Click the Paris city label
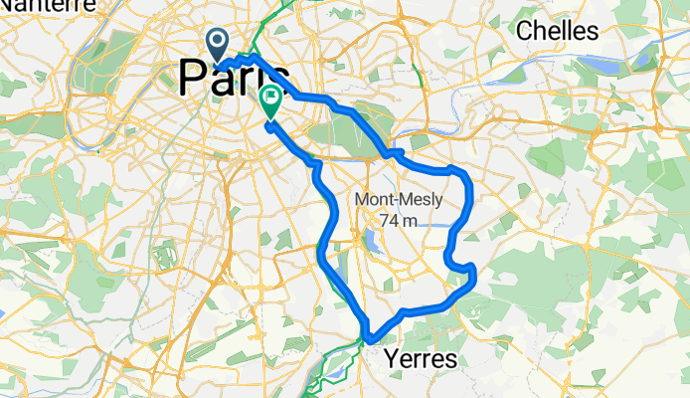tap(235, 78)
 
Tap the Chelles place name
tap(557, 31)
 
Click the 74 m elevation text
tap(398, 219)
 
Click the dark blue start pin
tap(218, 44)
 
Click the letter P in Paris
tap(195, 78)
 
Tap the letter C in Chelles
tap(524, 31)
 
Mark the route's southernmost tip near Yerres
tap(370, 339)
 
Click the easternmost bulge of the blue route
tap(474, 279)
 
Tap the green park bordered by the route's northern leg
tap(353, 129)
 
